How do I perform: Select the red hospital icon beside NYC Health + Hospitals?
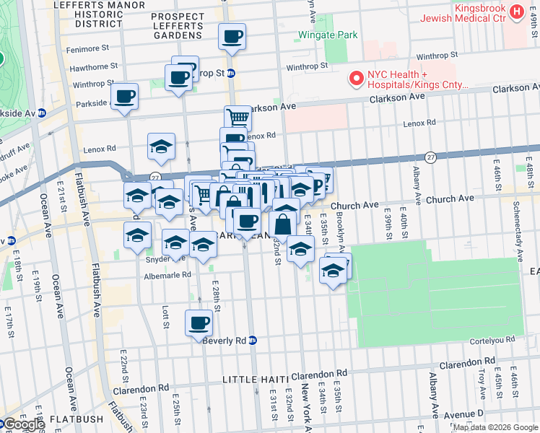click(x=355, y=79)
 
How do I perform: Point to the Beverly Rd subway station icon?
click(x=253, y=340)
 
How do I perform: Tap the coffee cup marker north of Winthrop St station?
click(x=232, y=36)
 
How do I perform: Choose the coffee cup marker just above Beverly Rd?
click(x=199, y=323)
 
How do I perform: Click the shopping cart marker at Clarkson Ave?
click(x=238, y=118)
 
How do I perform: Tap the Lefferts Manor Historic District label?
click(x=86, y=13)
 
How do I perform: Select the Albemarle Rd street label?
click(x=167, y=275)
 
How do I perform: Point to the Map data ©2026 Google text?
click(x=495, y=427)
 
